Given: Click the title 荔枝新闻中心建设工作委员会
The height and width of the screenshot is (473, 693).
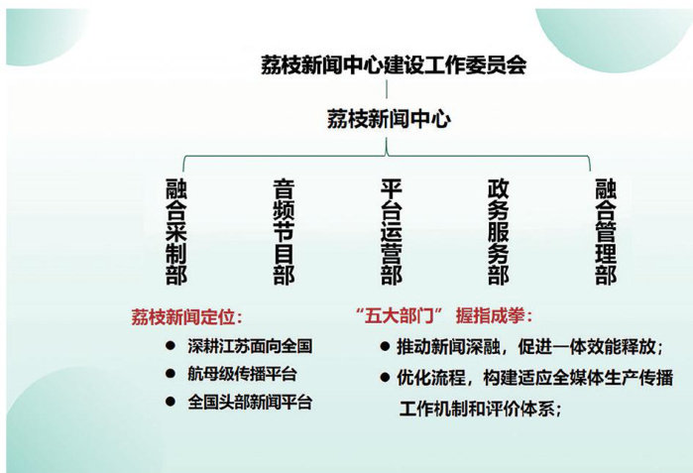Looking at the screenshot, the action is coord(394,65).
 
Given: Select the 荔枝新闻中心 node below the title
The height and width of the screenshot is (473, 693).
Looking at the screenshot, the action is coord(389,119).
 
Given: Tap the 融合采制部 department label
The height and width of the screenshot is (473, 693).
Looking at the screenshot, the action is coord(176,231).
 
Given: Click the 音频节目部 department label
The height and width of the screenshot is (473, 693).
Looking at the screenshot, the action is coord(284,231).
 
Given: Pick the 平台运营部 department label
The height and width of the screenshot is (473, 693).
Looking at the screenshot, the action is coord(392,231).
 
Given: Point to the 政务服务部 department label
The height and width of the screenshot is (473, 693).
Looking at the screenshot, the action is coord(499,231).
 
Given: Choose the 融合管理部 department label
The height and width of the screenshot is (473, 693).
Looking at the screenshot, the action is coord(606,231).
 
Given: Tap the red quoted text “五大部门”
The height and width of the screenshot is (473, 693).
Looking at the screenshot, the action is coord(400,316).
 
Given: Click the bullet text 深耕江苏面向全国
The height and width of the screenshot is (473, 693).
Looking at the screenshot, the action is coord(250,346).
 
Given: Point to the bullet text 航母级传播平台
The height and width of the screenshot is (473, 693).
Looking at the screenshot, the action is coord(242,374).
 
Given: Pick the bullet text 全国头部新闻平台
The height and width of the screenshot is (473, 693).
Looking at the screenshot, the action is coord(250,402).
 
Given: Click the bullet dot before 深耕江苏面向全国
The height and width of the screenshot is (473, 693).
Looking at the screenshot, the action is coord(171,346).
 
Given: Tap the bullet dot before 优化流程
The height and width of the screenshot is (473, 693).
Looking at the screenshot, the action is coord(385,378).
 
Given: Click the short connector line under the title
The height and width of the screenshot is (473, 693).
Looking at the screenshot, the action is coord(387,89).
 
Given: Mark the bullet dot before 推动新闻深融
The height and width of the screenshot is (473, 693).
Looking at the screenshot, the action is coord(385,346).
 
